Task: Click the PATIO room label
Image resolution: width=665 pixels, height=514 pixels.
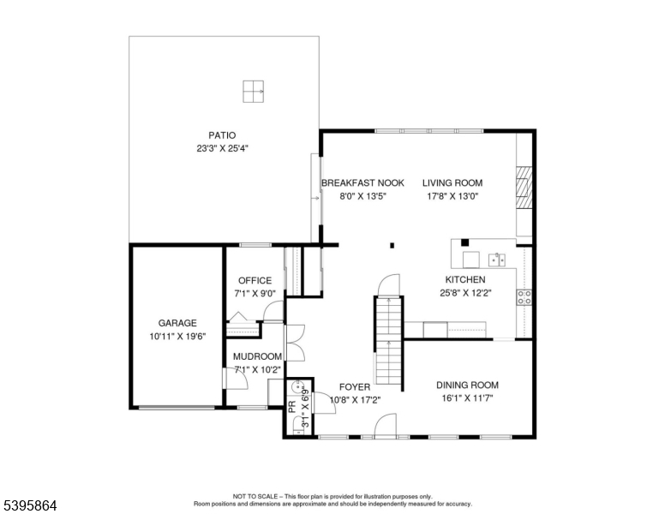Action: (222, 134)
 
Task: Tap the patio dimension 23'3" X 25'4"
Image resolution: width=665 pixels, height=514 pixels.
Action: (222, 147)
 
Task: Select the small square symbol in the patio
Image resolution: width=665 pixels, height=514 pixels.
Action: (253, 89)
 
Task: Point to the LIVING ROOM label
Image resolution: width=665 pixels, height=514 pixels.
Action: (452, 182)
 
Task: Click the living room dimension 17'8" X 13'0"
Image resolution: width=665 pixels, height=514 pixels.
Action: (452, 195)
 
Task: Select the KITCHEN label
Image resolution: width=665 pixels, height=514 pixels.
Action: (464, 279)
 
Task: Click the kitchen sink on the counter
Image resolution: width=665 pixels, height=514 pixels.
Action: (496, 259)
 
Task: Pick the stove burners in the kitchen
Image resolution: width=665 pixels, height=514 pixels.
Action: (524, 296)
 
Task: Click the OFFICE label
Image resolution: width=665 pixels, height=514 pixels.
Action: (255, 280)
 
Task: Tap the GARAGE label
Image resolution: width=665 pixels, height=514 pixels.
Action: (177, 323)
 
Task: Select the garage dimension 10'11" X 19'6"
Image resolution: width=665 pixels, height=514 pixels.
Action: (177, 337)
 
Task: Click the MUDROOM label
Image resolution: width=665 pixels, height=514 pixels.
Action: (258, 356)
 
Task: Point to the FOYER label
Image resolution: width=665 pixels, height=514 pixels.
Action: (354, 387)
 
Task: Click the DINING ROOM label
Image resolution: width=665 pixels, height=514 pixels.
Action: (467, 385)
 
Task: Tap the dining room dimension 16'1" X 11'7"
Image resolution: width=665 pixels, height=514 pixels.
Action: (467, 398)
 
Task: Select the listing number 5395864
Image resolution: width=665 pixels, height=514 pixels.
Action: (29, 505)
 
